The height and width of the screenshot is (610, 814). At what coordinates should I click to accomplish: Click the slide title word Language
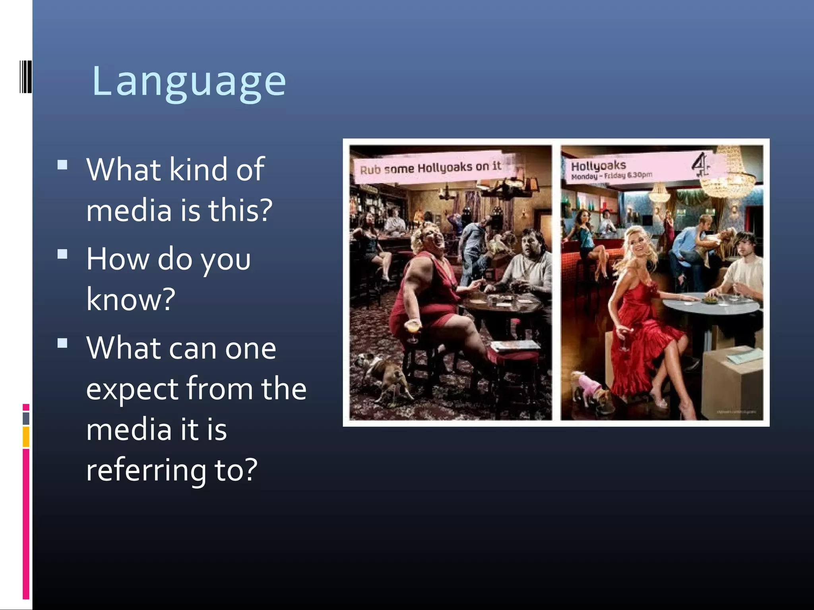tap(189, 81)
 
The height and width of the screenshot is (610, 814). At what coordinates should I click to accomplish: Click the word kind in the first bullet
tap(197, 169)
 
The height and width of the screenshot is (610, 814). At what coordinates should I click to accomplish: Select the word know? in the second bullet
tap(131, 299)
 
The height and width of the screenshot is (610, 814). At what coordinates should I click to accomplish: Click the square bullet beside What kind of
tap(62, 165)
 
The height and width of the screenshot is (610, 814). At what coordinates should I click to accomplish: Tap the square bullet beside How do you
tap(62, 254)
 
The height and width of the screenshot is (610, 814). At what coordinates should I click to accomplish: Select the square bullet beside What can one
tap(62, 343)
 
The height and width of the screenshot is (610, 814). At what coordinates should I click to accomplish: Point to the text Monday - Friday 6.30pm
tap(611, 176)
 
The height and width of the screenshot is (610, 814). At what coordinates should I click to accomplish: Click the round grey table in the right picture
tap(711, 306)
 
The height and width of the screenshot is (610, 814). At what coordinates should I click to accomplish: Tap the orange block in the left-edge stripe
tap(26, 436)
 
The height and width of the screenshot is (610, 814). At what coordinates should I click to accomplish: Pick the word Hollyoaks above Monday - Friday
tap(598, 165)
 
